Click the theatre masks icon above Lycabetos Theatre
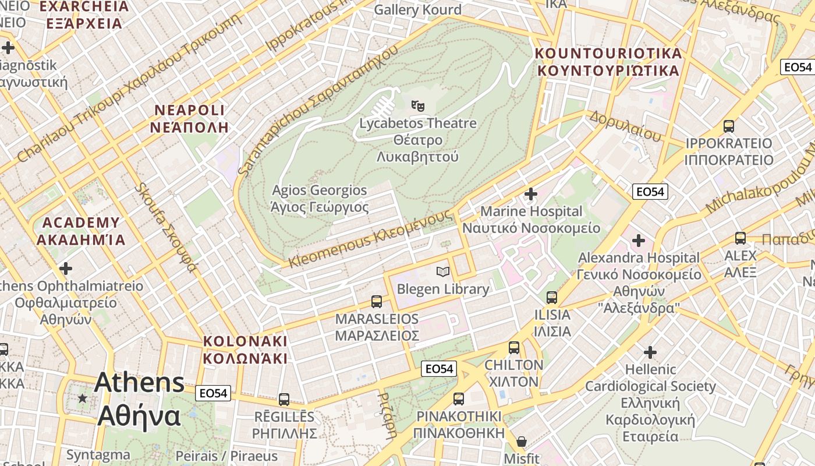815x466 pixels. point(417,105)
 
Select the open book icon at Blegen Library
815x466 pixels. point(443,271)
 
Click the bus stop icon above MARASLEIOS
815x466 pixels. point(377,302)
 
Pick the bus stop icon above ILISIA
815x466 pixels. point(552,298)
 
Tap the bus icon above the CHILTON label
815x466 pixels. point(513,348)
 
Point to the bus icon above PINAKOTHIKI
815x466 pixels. point(459,399)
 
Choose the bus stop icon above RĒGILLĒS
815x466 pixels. point(284,400)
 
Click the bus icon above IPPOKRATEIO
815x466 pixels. point(728,126)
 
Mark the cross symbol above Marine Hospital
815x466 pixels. point(531,193)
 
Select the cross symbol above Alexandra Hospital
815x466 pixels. point(639,240)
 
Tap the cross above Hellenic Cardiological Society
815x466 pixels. point(650,352)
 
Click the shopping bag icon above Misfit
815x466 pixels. point(522,442)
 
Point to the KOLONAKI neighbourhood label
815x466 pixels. point(245,349)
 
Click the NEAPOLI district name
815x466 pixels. point(189,118)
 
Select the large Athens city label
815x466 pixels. point(139,399)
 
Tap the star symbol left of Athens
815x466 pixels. point(83,398)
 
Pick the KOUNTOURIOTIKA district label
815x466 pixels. point(608,62)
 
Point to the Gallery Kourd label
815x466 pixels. point(417,9)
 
